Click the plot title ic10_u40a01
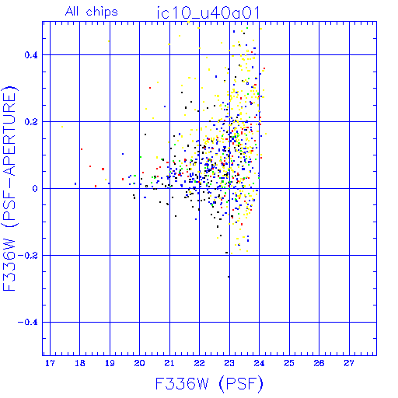(208, 12)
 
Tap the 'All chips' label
(92, 12)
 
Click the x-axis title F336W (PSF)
(209, 384)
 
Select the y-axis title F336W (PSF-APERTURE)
(9, 189)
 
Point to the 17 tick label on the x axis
(50, 363)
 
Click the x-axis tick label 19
(110, 363)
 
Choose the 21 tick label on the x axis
(169, 363)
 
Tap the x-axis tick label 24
(259, 363)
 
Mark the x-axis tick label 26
(319, 363)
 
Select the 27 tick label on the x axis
(349, 363)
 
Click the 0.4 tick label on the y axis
(31, 55)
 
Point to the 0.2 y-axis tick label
(31, 122)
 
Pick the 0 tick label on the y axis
(35, 189)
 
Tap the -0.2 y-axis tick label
(28, 256)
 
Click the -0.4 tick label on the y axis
(28, 323)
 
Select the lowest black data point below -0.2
(229, 277)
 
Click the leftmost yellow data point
(62, 127)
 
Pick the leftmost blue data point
(75, 183)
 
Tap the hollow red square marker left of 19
(103, 169)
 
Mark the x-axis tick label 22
(199, 363)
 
